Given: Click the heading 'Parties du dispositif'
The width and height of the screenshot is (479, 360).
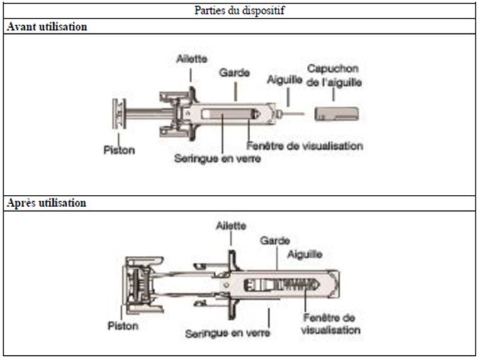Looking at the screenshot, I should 239,11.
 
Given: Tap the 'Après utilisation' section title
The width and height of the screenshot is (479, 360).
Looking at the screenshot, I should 46,203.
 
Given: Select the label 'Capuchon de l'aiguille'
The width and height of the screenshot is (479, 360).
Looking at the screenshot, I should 333,75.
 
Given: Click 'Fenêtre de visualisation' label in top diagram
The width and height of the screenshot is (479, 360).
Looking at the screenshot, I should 305,146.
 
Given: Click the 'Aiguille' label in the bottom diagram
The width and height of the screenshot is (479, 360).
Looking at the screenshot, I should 306,253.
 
